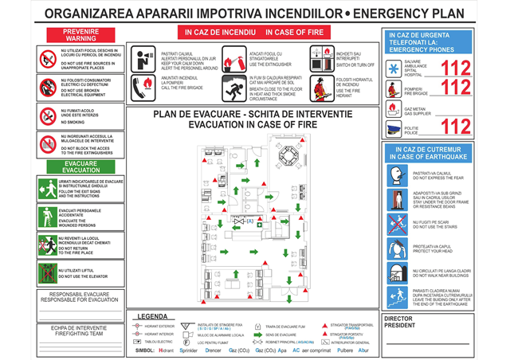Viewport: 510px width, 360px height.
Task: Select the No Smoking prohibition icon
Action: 47,117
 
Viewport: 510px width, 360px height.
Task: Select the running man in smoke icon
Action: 235,87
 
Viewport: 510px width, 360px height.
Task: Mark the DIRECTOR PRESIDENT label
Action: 402,323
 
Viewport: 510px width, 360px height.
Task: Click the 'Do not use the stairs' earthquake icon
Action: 395,225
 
